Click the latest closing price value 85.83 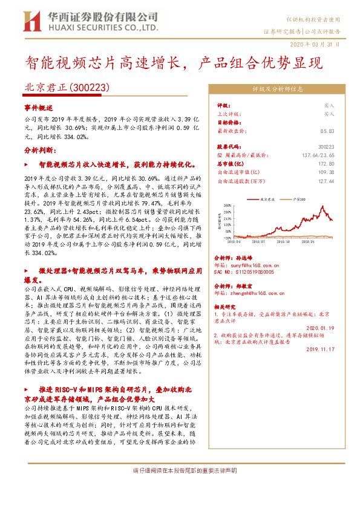(328, 130)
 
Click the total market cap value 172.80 (326, 163)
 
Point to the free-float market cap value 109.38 (326, 172)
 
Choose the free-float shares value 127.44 (326, 180)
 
